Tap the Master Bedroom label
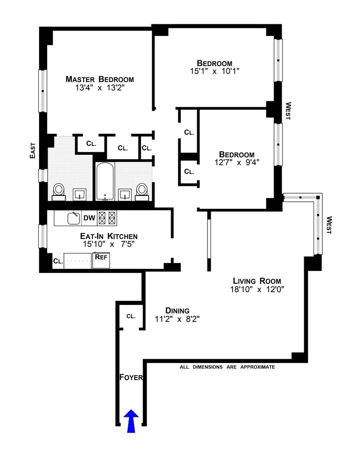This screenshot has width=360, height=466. (99, 79)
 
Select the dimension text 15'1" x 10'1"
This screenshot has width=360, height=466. (215, 71)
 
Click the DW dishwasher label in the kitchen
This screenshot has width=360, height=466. (89, 218)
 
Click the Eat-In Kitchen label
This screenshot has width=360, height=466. (108, 236)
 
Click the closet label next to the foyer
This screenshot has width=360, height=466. (130, 316)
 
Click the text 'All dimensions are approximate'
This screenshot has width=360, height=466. (227, 367)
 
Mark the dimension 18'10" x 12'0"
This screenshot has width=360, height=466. (256, 290)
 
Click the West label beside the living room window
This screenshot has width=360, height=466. (329, 225)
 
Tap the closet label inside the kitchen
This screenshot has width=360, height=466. (58, 261)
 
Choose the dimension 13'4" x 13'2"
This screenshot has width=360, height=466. (99, 88)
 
